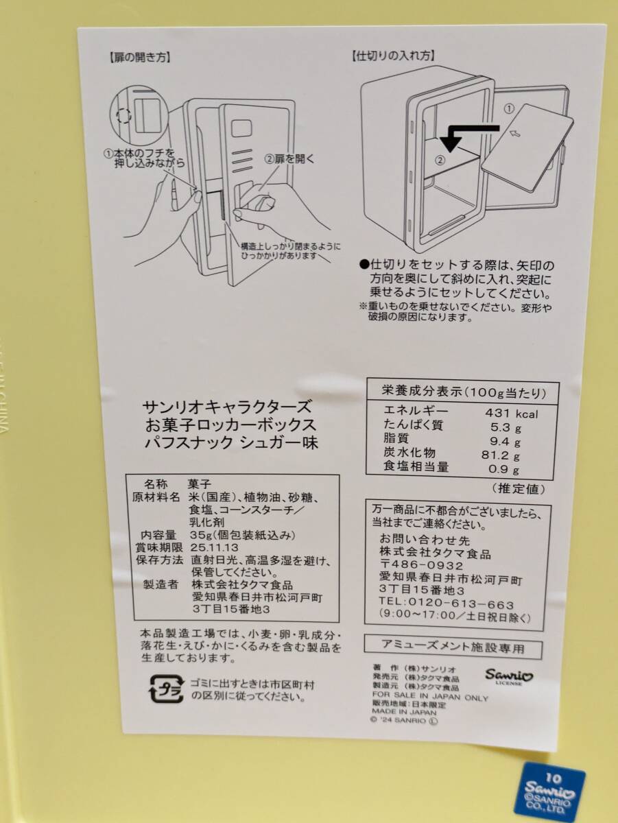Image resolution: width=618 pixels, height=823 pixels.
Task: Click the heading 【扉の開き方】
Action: (x=140, y=58)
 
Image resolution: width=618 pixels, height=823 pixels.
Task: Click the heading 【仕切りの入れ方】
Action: (x=394, y=56)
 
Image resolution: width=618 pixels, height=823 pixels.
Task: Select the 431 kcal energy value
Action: (x=512, y=414)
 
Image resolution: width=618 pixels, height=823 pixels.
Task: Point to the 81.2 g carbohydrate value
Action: (x=501, y=455)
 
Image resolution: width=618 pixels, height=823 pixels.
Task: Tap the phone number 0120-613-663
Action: (x=461, y=604)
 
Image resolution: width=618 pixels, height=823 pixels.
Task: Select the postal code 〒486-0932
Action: (x=421, y=566)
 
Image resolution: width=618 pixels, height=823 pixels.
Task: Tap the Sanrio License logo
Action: (x=509, y=676)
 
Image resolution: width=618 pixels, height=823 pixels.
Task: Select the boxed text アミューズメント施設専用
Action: (x=453, y=647)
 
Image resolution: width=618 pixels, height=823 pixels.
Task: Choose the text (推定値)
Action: (x=517, y=488)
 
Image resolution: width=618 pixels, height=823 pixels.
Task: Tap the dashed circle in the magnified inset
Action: (x=123, y=116)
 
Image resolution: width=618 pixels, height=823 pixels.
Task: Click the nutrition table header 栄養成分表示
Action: (x=420, y=391)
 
